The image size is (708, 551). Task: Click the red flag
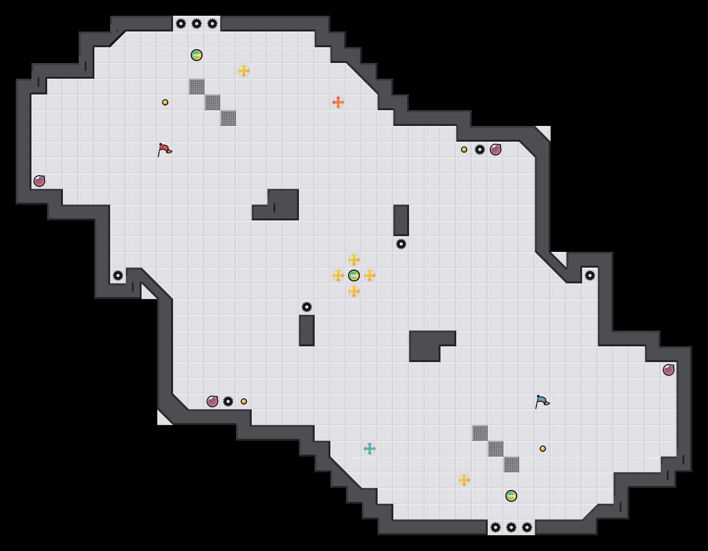(164, 150)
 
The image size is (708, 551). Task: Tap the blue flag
(542, 401)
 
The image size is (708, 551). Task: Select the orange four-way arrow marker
(338, 102)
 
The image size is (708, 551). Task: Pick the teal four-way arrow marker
(370, 449)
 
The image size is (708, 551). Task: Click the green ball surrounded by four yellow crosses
(354, 275)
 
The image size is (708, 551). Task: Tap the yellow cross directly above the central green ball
(354, 260)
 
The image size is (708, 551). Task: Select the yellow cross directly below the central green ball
(354, 291)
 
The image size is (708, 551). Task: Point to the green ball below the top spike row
(197, 55)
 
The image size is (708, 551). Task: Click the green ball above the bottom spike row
(511, 496)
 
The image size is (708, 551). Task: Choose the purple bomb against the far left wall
(39, 181)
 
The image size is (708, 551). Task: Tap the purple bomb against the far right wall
(669, 370)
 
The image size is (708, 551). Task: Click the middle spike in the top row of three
(197, 24)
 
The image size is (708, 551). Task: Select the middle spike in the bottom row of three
(511, 527)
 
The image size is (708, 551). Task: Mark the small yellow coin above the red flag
(165, 102)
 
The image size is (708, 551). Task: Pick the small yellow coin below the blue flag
(543, 449)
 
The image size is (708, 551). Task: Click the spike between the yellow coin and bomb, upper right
(480, 150)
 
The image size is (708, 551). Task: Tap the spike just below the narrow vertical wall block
(401, 244)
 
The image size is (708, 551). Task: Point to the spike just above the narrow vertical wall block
(307, 307)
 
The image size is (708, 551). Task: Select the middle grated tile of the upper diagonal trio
(212, 102)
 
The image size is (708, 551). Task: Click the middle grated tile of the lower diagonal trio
(496, 449)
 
